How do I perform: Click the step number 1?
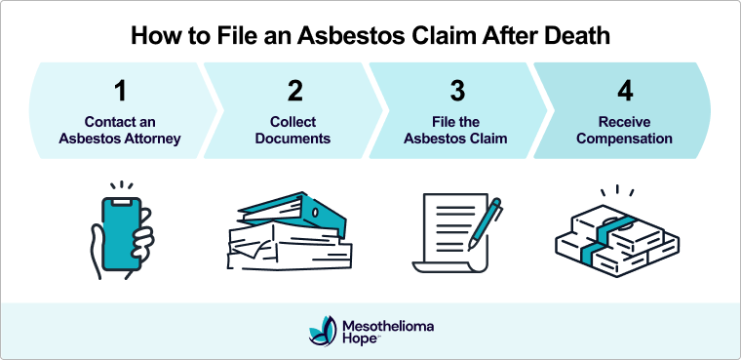[119, 92]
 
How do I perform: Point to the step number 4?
[624, 92]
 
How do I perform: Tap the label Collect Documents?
[292, 131]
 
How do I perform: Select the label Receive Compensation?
[624, 131]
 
